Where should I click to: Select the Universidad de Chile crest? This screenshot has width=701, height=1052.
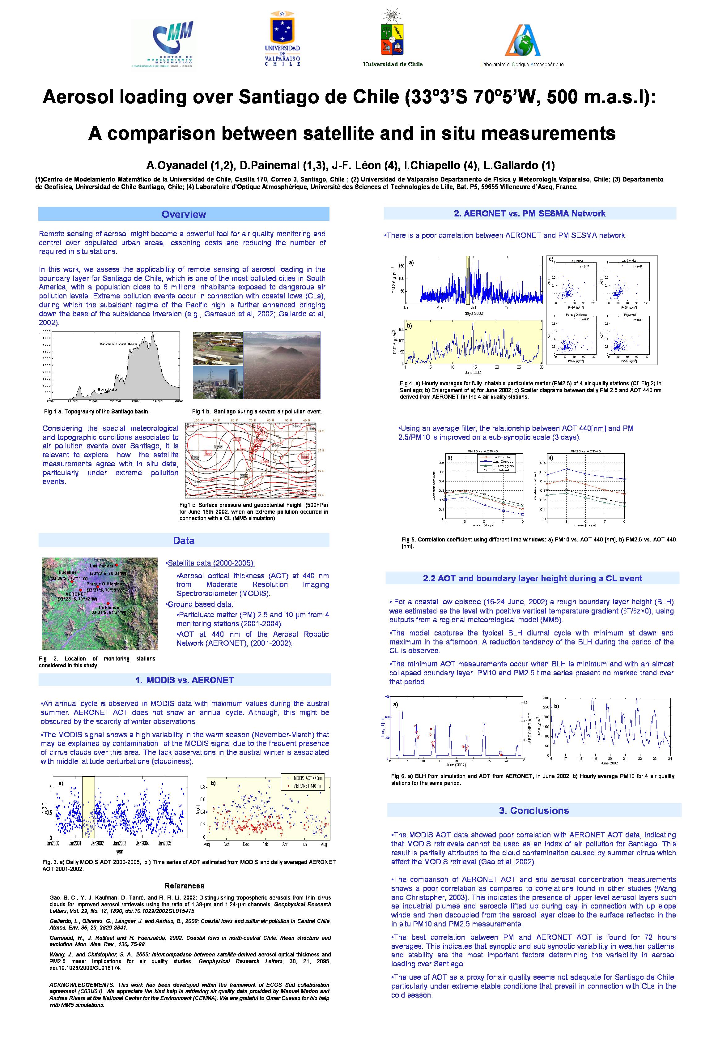pyautogui.click(x=393, y=36)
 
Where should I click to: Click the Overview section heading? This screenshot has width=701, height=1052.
pyautogui.click(x=184, y=214)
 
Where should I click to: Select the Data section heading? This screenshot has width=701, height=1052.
pyautogui.click(x=184, y=540)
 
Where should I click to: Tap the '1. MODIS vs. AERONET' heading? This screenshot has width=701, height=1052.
pyautogui.click(x=184, y=680)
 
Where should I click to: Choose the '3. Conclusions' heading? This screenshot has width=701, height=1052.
pyautogui.click(x=534, y=810)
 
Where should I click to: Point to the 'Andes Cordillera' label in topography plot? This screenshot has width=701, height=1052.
pyautogui.click(x=118, y=344)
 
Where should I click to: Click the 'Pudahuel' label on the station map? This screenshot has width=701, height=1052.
pyautogui.click(x=68, y=572)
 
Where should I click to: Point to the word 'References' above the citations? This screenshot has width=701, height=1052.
pyautogui.click(x=184, y=886)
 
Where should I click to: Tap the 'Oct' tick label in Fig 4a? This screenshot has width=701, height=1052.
pyautogui.click(x=508, y=308)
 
